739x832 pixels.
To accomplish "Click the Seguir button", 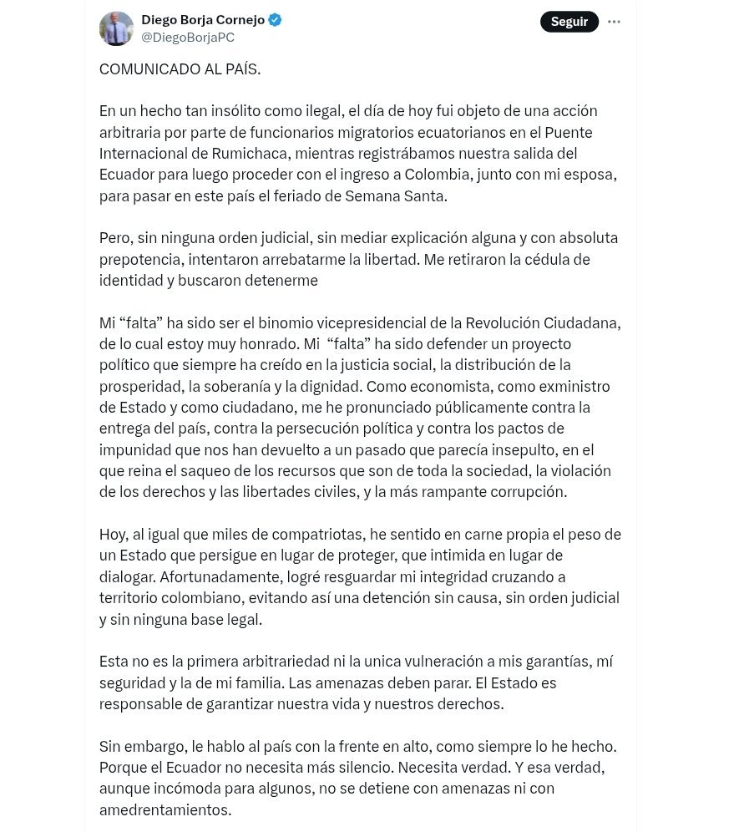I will tap(569, 22).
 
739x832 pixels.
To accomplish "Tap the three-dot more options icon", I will tap(614, 22).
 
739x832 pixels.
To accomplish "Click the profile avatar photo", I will tap(116, 28).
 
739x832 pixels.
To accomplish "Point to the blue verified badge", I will tap(275, 19).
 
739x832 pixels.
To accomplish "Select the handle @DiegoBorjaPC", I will tap(188, 38).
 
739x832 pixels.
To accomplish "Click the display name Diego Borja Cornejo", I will tap(202, 19).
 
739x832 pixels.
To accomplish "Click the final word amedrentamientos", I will tap(165, 810).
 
